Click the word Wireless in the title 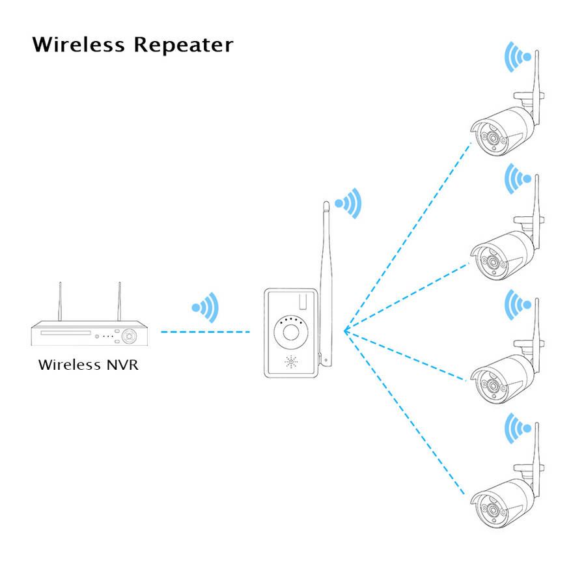click(x=78, y=45)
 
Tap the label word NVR click(x=122, y=364)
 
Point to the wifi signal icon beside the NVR click(x=206, y=307)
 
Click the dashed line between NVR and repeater click(x=205, y=332)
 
